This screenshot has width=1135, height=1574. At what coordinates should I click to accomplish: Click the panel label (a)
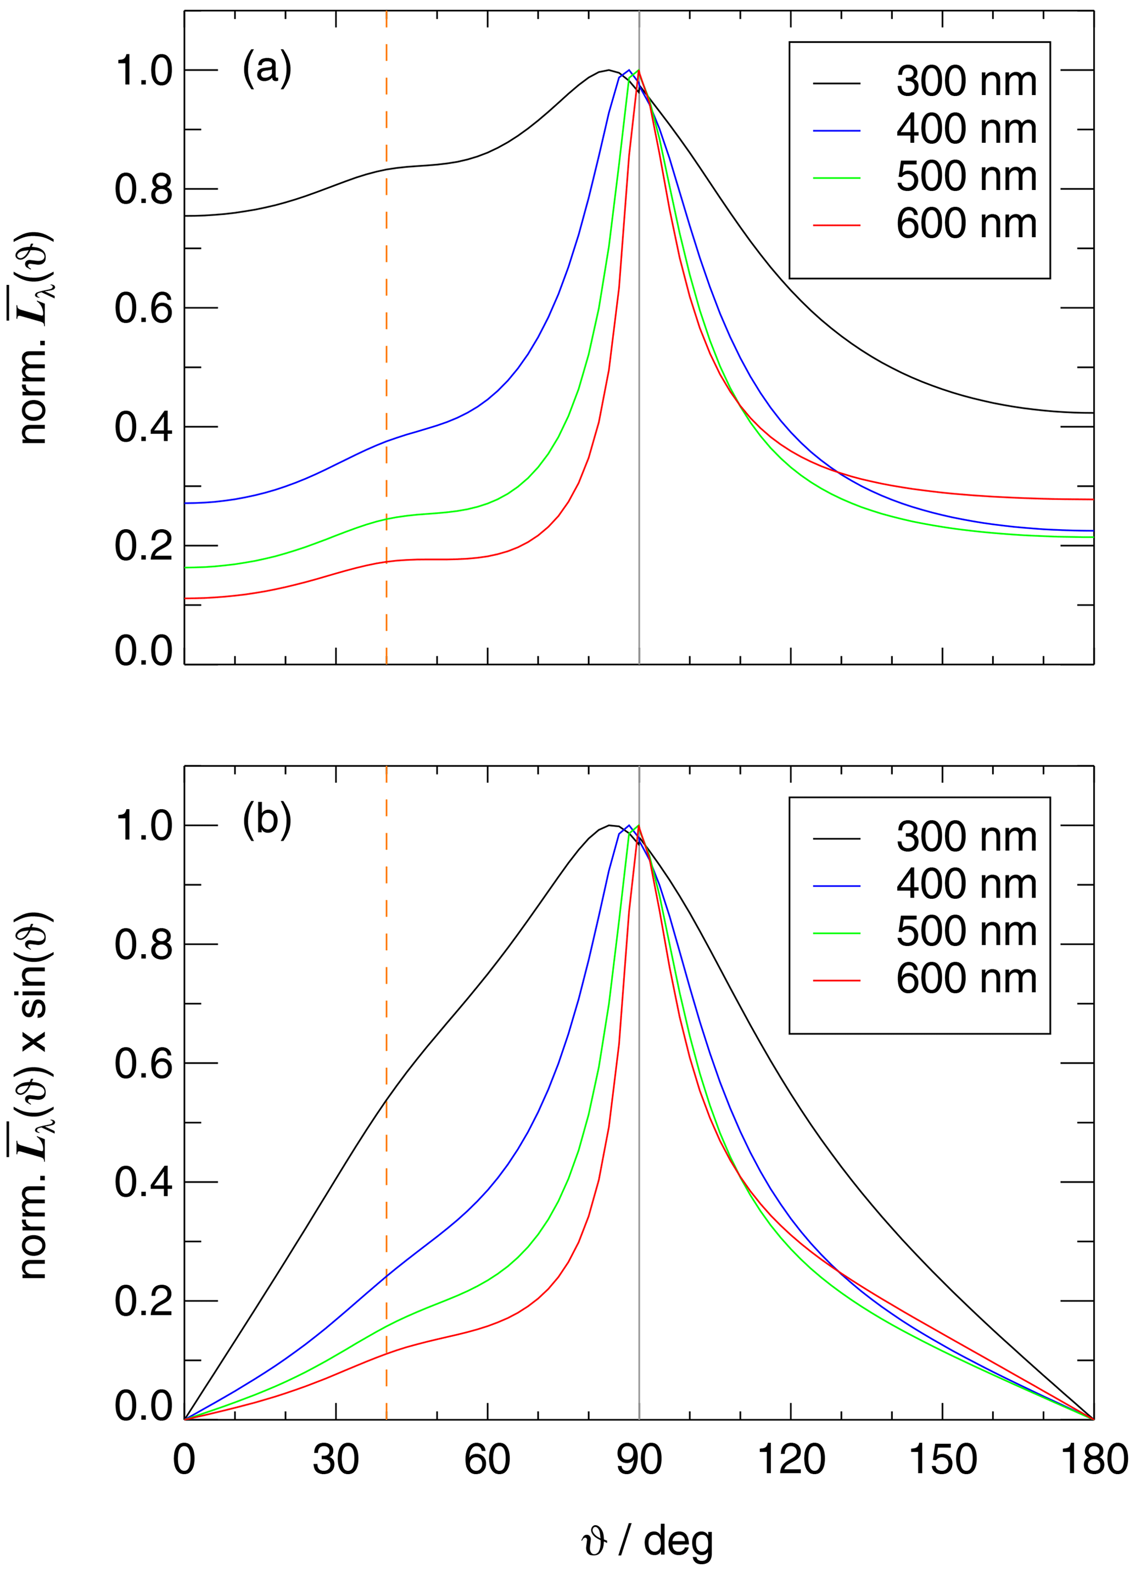[x=266, y=69]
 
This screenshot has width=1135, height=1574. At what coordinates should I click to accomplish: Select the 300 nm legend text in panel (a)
[x=966, y=81]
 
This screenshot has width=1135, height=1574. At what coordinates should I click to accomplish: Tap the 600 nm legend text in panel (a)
[x=966, y=223]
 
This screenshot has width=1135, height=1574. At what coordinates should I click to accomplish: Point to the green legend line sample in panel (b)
[x=836, y=933]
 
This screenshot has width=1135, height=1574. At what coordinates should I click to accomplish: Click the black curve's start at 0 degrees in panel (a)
[x=186, y=216]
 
